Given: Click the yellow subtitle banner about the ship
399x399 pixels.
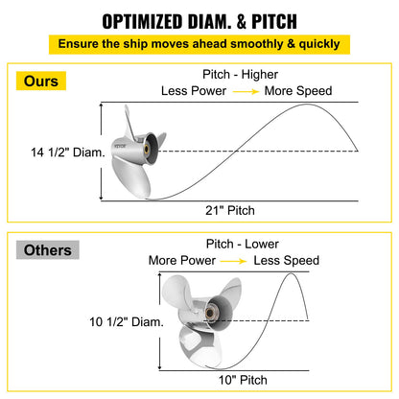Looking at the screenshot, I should coord(199,44).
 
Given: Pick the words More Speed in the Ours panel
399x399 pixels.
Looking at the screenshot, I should coord(300,91).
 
